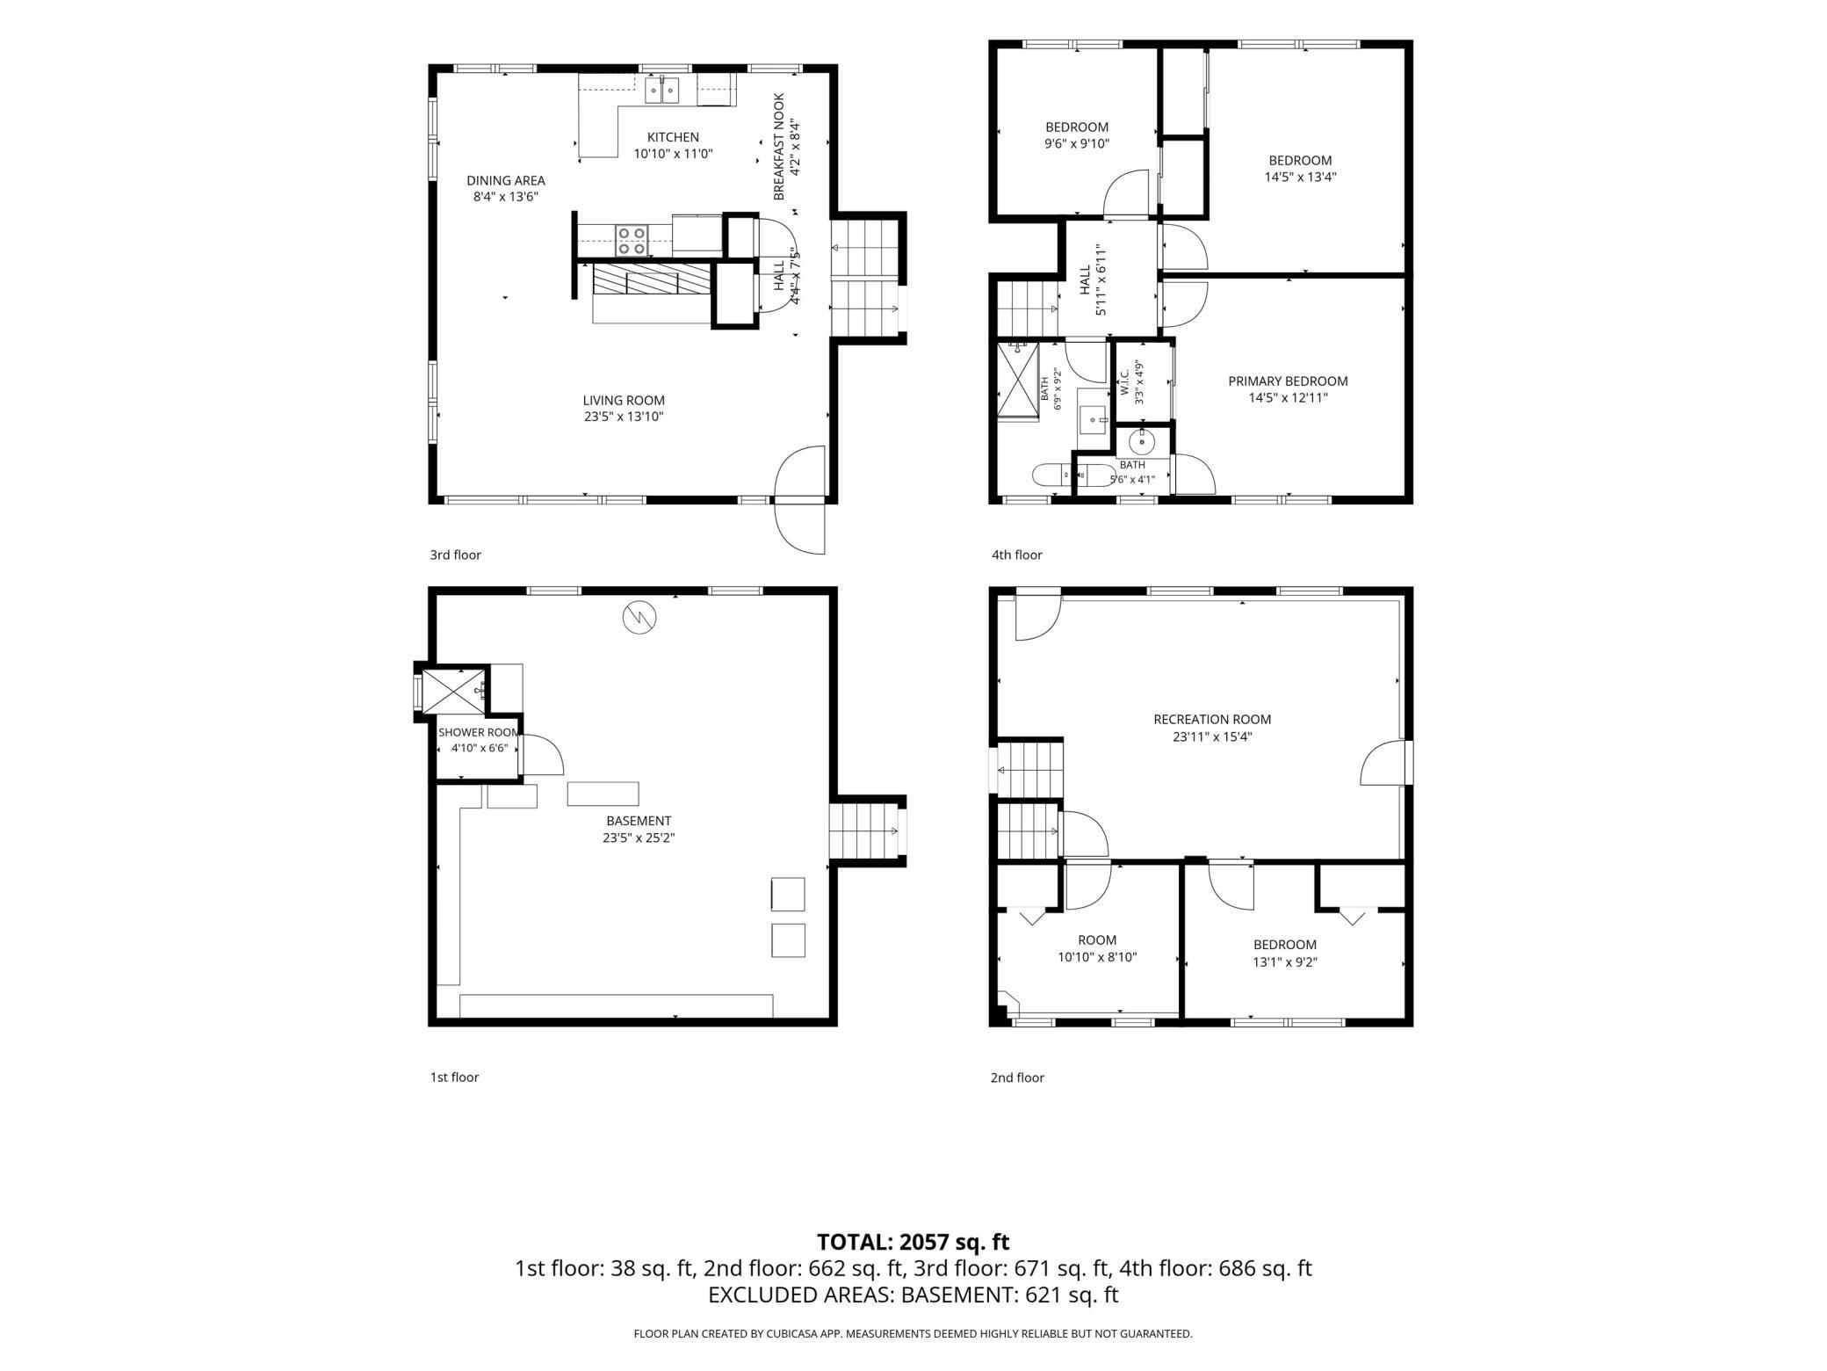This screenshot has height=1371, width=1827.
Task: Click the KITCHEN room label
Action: (673, 137)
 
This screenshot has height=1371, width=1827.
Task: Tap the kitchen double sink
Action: (662, 90)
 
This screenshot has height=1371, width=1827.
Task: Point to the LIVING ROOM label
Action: (624, 401)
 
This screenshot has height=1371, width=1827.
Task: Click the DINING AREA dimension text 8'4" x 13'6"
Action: (505, 197)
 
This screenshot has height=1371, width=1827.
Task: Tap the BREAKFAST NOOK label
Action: (778, 147)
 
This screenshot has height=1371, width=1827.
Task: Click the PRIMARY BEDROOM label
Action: (1288, 381)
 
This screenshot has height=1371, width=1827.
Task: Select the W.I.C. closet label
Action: (1124, 382)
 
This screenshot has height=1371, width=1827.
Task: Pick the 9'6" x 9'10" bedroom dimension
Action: (1077, 143)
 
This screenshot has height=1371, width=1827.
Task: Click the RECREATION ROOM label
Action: (1212, 720)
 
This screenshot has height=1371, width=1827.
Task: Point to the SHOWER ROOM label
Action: (479, 732)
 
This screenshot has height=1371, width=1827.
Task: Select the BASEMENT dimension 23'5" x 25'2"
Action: (639, 838)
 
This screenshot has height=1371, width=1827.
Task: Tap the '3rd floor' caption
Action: (455, 555)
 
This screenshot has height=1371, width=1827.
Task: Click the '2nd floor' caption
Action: (1017, 1077)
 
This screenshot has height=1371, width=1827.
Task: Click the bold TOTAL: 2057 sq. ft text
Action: (913, 1242)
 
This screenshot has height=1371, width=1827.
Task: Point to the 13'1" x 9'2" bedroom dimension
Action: (1285, 961)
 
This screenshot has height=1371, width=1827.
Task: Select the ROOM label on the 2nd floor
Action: (1098, 940)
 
